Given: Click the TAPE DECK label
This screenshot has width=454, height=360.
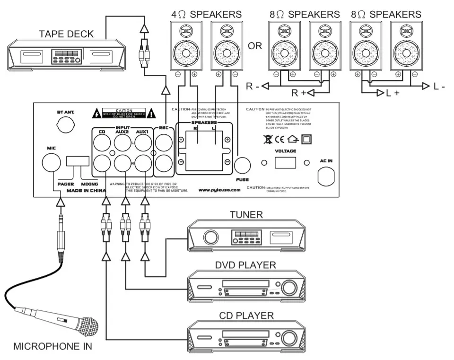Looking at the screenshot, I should click(x=66, y=34).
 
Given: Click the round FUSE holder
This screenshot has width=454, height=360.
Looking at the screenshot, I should click(x=243, y=165).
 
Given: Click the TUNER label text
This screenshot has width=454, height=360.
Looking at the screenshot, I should click(x=246, y=215).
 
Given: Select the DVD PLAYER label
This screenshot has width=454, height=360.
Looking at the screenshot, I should click(x=246, y=265).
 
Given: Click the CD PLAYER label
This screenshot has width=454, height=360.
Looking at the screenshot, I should click(x=246, y=315).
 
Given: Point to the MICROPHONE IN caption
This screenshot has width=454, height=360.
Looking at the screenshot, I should click(x=52, y=346).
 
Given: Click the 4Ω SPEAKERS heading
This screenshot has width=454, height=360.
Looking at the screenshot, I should click(x=206, y=14).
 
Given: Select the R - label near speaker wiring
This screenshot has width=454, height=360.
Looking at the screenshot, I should click(x=252, y=86).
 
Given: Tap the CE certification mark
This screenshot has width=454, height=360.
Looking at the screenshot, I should click(x=278, y=140).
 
